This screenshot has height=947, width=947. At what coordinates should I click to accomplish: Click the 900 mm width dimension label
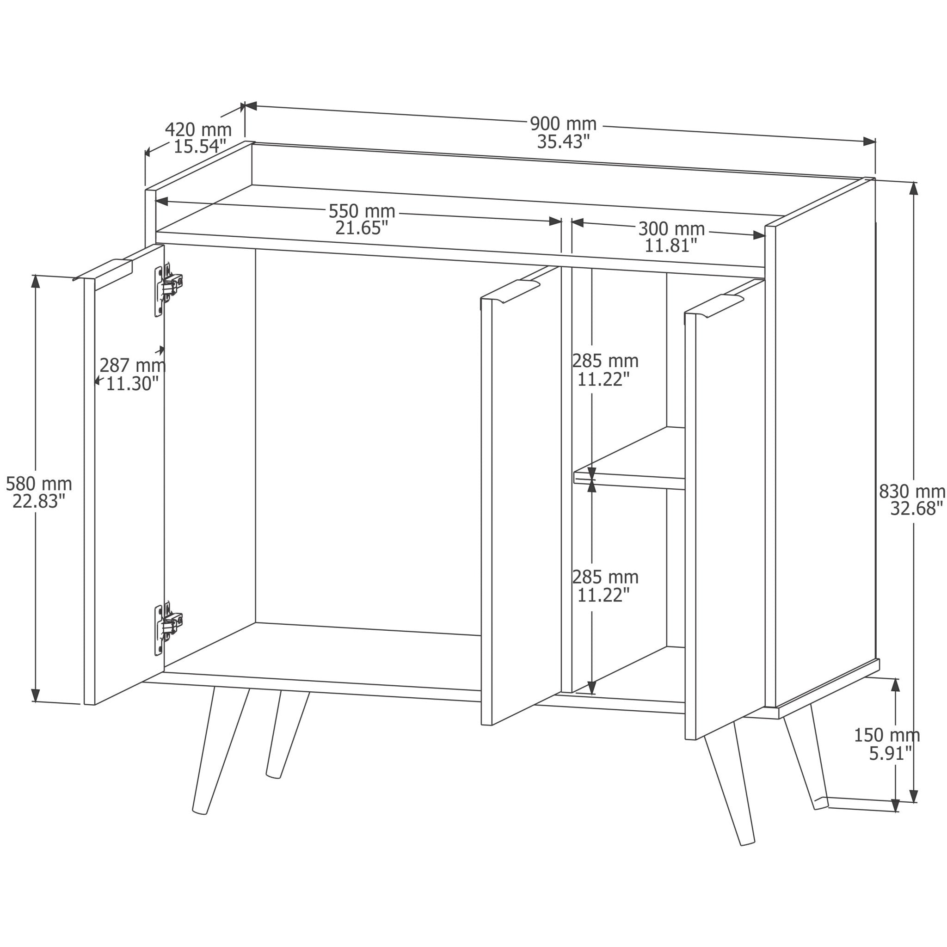pos(563,124)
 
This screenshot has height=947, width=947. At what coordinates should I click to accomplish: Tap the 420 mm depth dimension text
pos(198,130)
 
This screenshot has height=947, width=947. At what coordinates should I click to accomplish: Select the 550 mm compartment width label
pos(362,211)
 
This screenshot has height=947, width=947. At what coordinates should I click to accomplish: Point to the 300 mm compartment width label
pos(671,229)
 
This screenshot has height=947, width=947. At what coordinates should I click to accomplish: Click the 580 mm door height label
pos(39,484)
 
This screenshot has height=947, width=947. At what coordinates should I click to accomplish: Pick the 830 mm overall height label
pos(912,491)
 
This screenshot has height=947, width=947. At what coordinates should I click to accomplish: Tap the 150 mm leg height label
pos(887,735)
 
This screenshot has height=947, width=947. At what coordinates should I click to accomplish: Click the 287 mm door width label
pos(132,366)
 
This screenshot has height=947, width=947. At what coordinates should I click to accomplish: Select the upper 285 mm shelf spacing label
pos(605,361)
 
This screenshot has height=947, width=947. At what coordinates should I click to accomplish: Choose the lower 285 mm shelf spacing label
pos(605,577)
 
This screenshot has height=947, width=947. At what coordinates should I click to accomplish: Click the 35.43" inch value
pos(563,141)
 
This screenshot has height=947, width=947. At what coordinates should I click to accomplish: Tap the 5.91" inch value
pos(891,753)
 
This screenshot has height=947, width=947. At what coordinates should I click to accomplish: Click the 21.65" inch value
pos(362,228)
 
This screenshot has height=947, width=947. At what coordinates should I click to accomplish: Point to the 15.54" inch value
pos(200,147)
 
